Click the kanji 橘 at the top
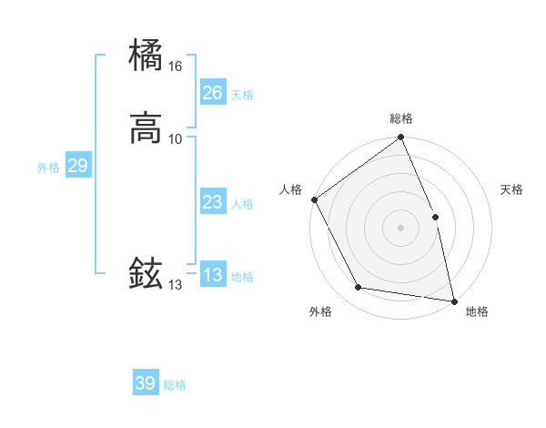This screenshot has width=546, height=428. (x=147, y=56)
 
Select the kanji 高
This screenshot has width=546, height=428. (x=147, y=128)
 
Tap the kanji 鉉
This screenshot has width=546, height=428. (x=147, y=273)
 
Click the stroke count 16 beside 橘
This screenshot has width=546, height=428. (x=175, y=66)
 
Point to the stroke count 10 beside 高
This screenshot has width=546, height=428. (x=175, y=138)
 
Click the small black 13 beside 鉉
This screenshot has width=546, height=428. (x=175, y=285)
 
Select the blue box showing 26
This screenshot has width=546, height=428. (x=212, y=93)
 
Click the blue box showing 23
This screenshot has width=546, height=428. (x=212, y=202)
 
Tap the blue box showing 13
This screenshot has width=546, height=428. (x=212, y=275)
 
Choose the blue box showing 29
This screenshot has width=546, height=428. (x=77, y=166)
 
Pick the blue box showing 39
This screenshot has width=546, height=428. (x=146, y=383)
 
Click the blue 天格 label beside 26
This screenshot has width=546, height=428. (x=242, y=95)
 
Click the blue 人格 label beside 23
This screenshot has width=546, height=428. (x=242, y=204)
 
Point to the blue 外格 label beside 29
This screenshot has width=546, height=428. (x=48, y=168)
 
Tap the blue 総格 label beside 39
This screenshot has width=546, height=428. (x=175, y=385)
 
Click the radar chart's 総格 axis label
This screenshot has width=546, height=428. (x=401, y=118)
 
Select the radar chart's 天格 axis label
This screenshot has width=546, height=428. (x=512, y=189)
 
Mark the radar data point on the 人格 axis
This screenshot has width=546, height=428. (x=314, y=199)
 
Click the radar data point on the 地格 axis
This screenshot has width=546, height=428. (x=454, y=301)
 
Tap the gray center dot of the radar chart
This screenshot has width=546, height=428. (x=401, y=227)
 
